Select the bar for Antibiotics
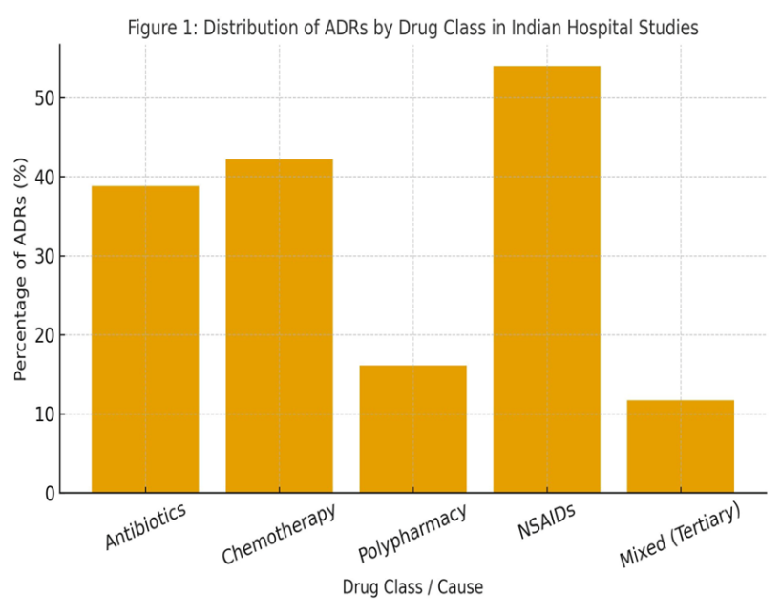tap(145, 339)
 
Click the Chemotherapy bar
tap(279, 326)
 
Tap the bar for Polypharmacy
tap(412, 429)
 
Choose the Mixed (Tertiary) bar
tap(680, 446)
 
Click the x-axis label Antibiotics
tap(145, 526)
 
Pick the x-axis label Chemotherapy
tap(279, 534)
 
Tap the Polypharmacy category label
tap(412, 533)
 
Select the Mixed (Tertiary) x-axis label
tap(680, 536)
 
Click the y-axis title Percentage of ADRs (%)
tap(20, 268)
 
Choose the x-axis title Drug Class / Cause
tap(412, 587)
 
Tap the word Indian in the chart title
tap(535, 29)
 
